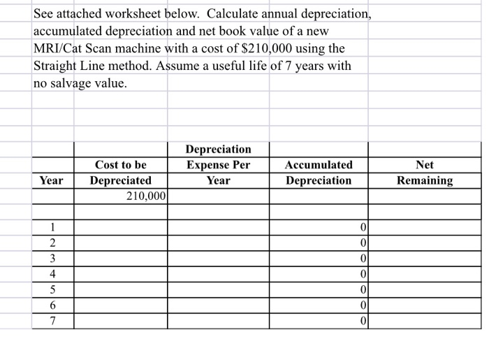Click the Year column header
[x=52, y=180]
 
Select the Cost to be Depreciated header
[x=120, y=173]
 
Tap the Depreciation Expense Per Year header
[x=218, y=165]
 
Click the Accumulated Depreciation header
[x=319, y=173]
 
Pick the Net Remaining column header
[x=424, y=173]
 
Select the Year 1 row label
[x=52, y=226]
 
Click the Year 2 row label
[x=52, y=242]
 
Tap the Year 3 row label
[x=52, y=258]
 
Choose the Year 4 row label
[x=52, y=273]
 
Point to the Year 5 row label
[x=52, y=289]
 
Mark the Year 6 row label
[x=52, y=305]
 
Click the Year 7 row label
[x=52, y=321]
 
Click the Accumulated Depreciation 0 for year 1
[x=363, y=226]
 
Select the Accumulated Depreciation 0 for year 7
[x=363, y=321]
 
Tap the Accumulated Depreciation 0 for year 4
[x=363, y=273]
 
